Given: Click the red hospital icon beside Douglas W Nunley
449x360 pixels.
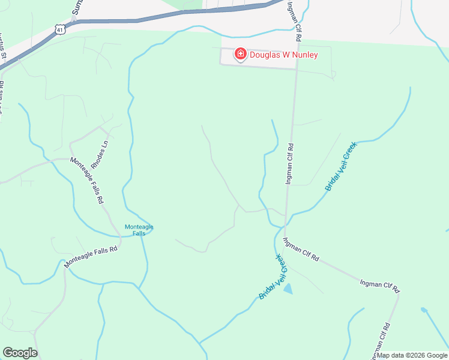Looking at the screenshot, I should pyautogui.click(x=241, y=55).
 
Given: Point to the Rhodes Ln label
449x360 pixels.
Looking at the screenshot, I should pyautogui.click(x=98, y=155).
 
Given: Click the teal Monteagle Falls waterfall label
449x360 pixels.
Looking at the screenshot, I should pyautogui.click(x=139, y=230).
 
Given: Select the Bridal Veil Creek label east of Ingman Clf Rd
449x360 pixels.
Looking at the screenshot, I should pyautogui.click(x=340, y=166).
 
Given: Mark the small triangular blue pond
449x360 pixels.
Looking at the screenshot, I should pyautogui.click(x=289, y=289).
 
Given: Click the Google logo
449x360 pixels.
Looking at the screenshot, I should pyautogui.click(x=20, y=353).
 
